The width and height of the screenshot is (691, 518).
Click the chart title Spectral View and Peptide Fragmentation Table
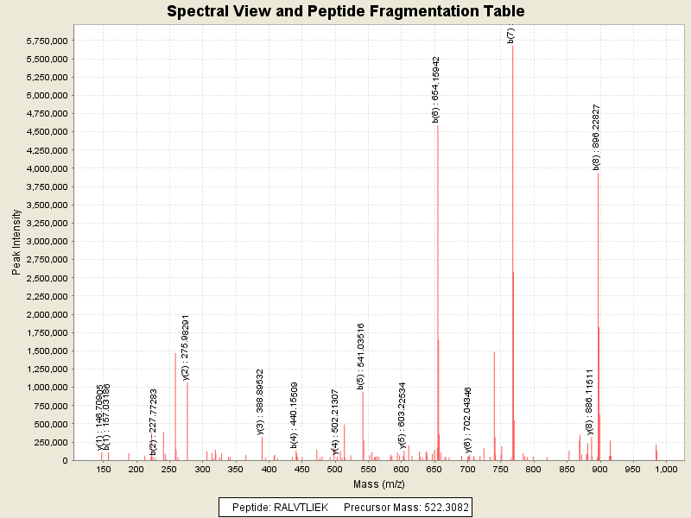point(345,12)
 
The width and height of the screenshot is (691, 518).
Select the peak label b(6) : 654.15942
point(437,90)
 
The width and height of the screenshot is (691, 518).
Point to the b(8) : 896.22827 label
point(597,137)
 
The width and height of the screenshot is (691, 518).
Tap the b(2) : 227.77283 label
point(154,422)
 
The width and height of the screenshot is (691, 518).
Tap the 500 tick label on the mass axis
point(335,470)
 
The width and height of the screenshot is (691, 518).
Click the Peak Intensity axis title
point(16,243)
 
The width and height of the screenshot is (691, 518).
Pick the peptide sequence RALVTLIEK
point(301,507)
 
